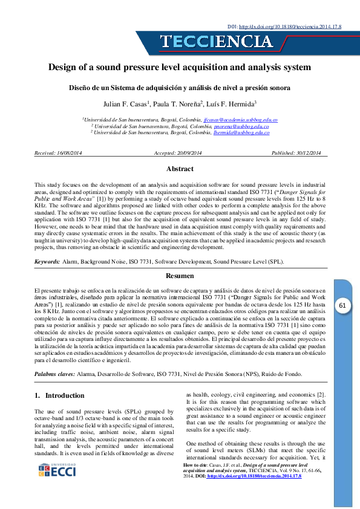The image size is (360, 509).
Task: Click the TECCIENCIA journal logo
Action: (x=216, y=42)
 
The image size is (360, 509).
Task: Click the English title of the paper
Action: (x=180, y=68)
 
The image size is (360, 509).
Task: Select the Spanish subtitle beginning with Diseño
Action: (x=180, y=88)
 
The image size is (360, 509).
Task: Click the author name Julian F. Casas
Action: (x=126, y=104)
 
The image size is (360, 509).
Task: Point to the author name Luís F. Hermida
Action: (x=233, y=104)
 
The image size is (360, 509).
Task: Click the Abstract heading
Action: (x=180, y=169)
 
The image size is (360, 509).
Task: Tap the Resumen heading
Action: (x=180, y=276)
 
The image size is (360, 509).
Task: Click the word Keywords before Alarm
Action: (x=47, y=262)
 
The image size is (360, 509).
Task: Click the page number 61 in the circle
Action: (x=342, y=306)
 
